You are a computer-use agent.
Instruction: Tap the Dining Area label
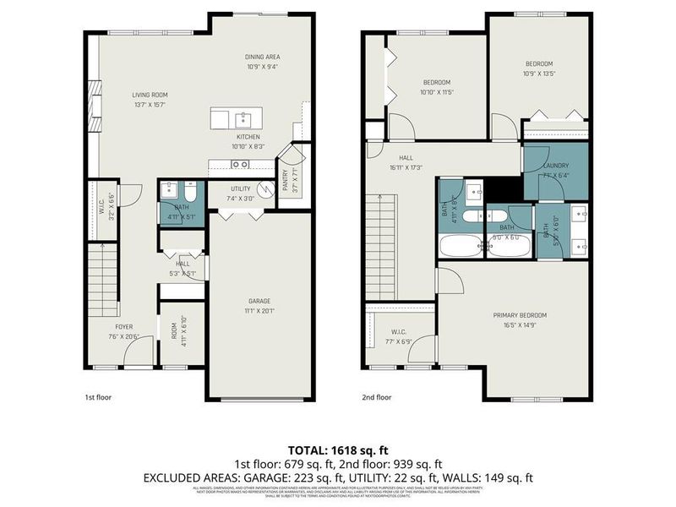[263, 57]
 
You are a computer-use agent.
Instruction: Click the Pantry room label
[285, 178]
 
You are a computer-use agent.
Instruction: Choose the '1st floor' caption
[97, 396]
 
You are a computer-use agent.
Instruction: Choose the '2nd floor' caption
[377, 396]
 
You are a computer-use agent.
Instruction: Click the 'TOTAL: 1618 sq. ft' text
[338, 449]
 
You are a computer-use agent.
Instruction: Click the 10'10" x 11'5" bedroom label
[438, 91]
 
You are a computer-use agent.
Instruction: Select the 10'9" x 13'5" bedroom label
[539, 74]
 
